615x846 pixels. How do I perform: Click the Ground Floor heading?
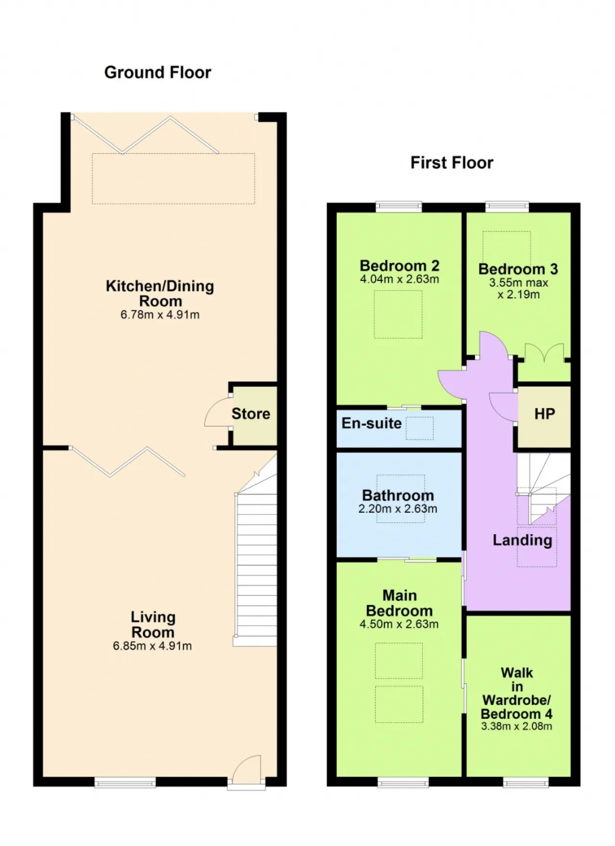coord(158,73)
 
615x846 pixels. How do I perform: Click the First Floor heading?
coord(452,163)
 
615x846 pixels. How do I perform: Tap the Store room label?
coord(251,414)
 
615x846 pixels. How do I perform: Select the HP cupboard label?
coord(545,414)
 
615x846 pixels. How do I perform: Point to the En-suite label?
coord(371,423)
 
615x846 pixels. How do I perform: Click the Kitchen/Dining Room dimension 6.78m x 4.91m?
coord(160,315)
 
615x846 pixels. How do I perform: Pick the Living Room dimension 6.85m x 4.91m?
coord(152,646)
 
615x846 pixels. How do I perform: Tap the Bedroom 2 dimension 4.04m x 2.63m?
coord(399,279)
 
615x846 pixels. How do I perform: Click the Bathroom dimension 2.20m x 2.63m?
coord(398,509)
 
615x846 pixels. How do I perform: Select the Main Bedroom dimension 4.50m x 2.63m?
coord(399,624)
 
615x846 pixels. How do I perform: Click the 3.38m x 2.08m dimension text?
coord(517,726)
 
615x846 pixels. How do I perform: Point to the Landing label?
coord(522,540)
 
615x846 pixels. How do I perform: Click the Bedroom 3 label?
coord(518,269)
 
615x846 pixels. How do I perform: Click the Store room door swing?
coord(217,412)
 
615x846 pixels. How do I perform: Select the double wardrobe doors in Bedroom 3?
coord(544,352)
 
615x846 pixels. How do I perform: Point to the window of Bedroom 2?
coord(399,207)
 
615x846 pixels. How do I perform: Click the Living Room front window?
coord(125,783)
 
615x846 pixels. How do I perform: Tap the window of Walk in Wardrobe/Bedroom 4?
coord(526,783)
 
